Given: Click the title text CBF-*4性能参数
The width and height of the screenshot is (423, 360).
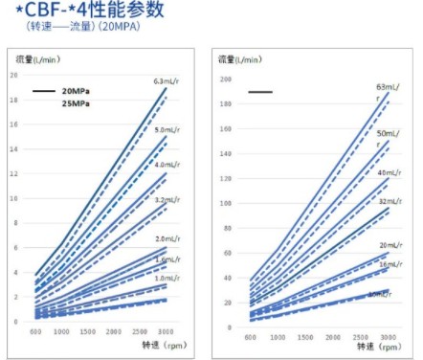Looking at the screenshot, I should coord(89,11).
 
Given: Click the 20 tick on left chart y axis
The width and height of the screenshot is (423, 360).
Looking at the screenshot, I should coord(13,74).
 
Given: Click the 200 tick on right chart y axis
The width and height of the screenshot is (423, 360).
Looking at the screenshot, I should coord(226,79).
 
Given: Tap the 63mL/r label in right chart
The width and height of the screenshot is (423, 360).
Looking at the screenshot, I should coord(388,92).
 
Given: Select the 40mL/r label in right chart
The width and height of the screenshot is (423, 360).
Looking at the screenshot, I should coord(388,172).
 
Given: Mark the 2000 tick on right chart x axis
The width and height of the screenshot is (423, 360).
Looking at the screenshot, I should coord(330,338).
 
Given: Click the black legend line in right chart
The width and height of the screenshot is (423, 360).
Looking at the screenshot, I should coord(260,92).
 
